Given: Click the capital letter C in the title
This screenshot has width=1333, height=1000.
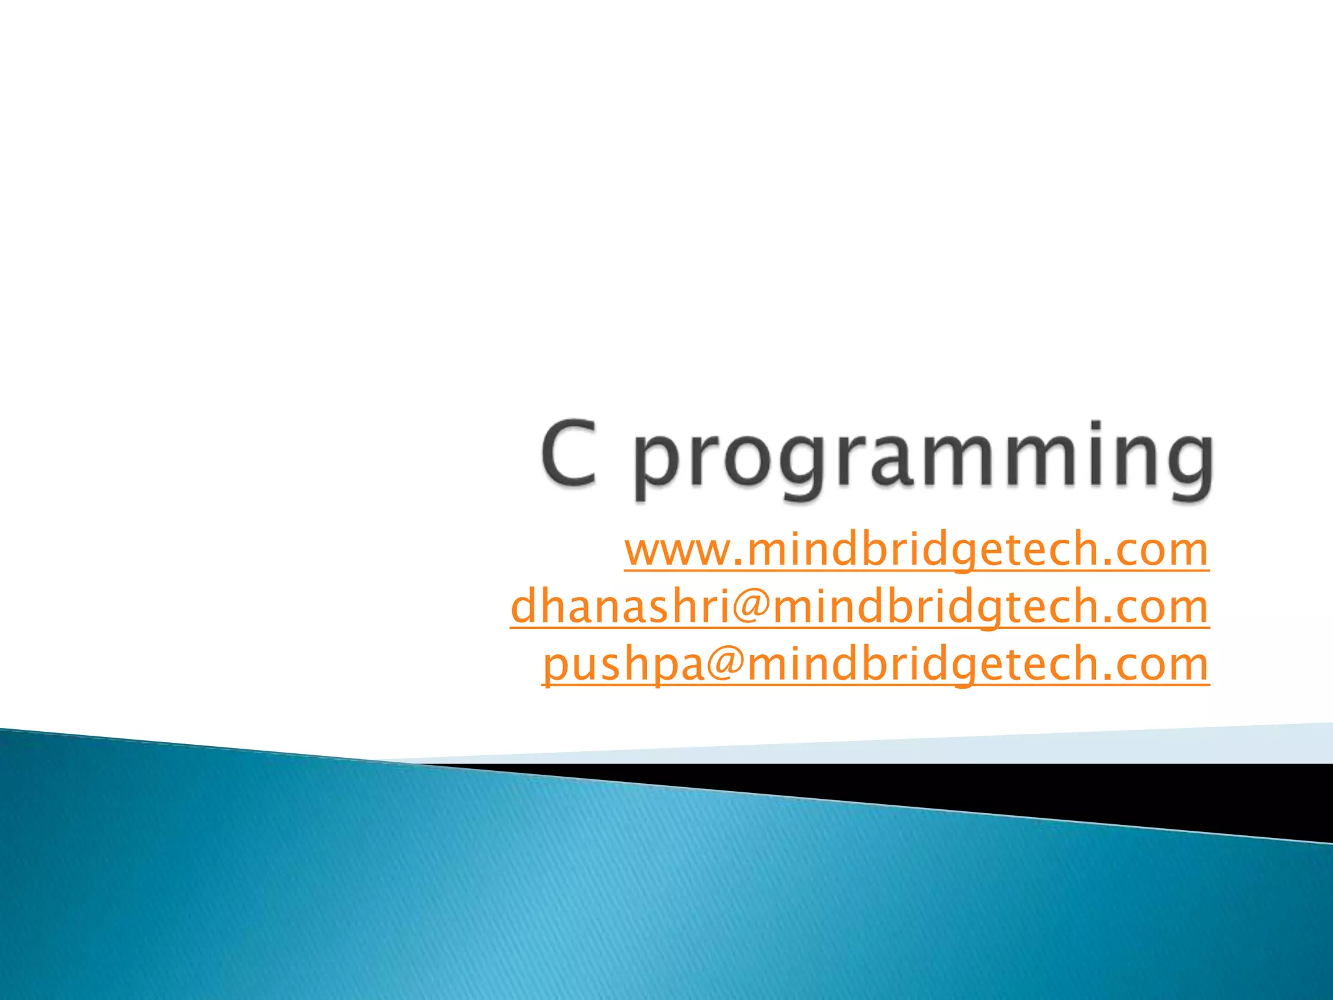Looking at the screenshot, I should point(568,453).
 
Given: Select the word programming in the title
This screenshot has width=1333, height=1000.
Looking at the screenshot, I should point(923,459).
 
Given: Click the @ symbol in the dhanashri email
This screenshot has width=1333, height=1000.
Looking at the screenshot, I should point(750,607).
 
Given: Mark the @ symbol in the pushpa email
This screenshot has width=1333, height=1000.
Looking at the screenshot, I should point(725,665).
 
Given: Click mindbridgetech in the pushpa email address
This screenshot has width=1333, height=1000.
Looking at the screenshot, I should point(914,663).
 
